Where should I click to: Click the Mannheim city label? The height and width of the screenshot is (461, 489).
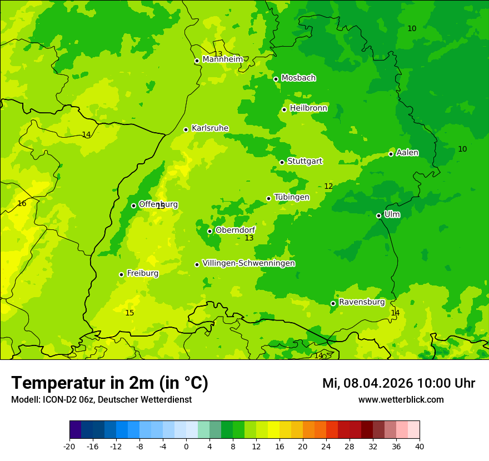(x=222, y=59)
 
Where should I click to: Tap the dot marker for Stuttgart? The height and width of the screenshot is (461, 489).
(x=282, y=162)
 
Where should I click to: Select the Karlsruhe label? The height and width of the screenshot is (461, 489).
(x=209, y=128)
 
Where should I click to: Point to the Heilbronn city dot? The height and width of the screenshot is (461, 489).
(x=284, y=109)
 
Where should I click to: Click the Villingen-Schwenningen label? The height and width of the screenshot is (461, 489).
(x=248, y=263)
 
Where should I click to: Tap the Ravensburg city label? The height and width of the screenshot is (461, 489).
(x=361, y=302)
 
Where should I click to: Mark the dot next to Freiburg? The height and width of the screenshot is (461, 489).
(x=121, y=274)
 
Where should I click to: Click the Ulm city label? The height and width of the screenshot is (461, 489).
(x=392, y=214)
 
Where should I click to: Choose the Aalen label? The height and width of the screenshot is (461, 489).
(x=407, y=153)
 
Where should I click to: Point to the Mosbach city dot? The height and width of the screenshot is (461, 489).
(x=276, y=79)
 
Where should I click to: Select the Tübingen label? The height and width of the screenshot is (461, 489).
(x=291, y=197)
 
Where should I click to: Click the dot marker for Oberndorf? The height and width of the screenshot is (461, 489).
(x=209, y=231)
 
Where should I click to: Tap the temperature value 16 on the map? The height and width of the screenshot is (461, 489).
(x=22, y=204)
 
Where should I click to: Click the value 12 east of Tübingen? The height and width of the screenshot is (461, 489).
(x=328, y=187)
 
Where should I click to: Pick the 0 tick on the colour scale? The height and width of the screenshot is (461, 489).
(x=186, y=446)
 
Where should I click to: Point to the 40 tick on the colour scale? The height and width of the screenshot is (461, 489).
(x=419, y=446)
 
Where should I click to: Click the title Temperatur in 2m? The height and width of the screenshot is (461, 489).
(x=109, y=383)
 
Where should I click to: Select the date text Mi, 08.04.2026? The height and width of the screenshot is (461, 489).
(x=368, y=383)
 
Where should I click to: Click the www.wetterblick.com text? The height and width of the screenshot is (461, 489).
(x=401, y=400)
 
